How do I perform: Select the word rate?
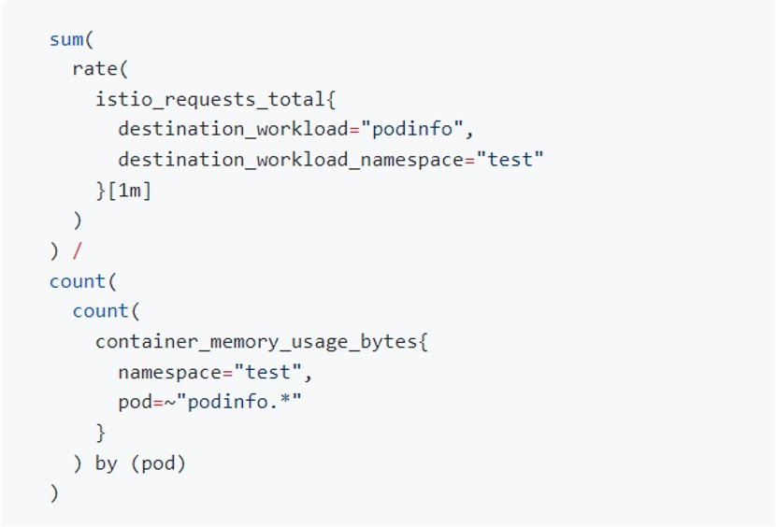coord(92,70)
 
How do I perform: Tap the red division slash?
coord(79,250)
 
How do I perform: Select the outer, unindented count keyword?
coord(77,280)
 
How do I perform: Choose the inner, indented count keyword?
coord(100,311)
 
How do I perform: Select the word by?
coord(106,463)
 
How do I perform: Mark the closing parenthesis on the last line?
coord(54,492)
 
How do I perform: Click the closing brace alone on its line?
coord(101,432)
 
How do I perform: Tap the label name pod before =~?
coord(133,402)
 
